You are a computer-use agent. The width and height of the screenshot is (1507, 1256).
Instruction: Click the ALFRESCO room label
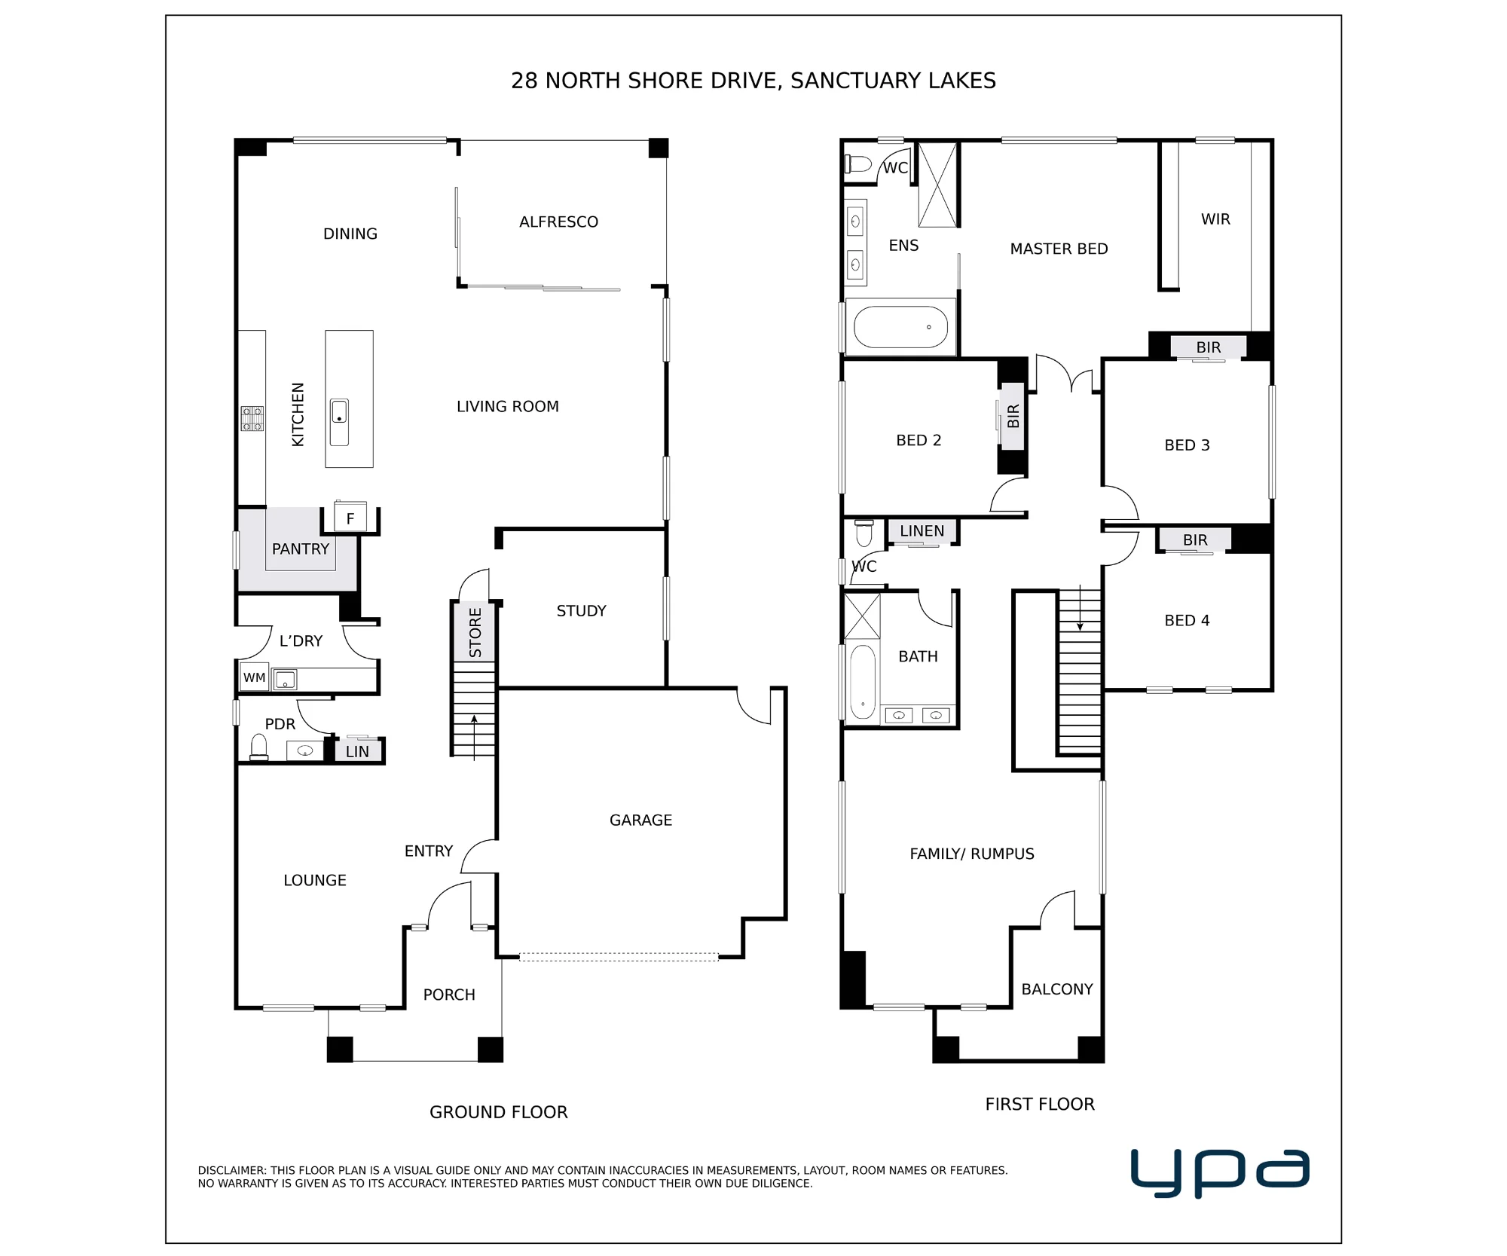tap(558, 222)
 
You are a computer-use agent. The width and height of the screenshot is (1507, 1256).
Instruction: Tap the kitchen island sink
tap(340, 422)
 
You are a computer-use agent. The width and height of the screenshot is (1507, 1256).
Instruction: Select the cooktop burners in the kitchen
tap(252, 418)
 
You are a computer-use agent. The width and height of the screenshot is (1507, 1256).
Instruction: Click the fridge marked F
tap(350, 517)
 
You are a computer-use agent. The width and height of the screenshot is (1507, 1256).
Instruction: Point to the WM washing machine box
tap(255, 677)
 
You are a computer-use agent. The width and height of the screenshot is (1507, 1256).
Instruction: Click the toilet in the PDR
tap(259, 747)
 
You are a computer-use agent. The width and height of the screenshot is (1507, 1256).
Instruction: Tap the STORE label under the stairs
tap(475, 632)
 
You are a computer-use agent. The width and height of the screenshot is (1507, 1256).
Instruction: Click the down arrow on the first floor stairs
tap(1080, 608)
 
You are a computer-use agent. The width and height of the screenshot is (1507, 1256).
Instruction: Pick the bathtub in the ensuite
tap(901, 327)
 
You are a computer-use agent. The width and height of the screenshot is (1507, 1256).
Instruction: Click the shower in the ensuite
tap(937, 185)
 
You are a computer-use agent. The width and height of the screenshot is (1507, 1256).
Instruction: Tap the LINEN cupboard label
tap(922, 531)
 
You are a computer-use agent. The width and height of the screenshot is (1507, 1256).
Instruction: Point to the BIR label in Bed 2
tap(1013, 416)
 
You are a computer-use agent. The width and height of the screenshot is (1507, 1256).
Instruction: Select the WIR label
tap(1215, 219)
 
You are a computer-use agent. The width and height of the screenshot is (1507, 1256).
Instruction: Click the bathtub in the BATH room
tap(863, 683)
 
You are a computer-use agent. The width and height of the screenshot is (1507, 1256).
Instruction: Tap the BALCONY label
tap(1057, 989)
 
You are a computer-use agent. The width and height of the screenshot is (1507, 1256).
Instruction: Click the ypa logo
tap(1220, 1172)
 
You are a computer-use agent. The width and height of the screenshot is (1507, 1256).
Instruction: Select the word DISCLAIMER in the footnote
tap(231, 1170)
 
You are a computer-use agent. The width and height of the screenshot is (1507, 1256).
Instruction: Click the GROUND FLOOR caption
tap(499, 1112)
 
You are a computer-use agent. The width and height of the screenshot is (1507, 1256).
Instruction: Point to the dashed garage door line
tap(619, 957)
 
